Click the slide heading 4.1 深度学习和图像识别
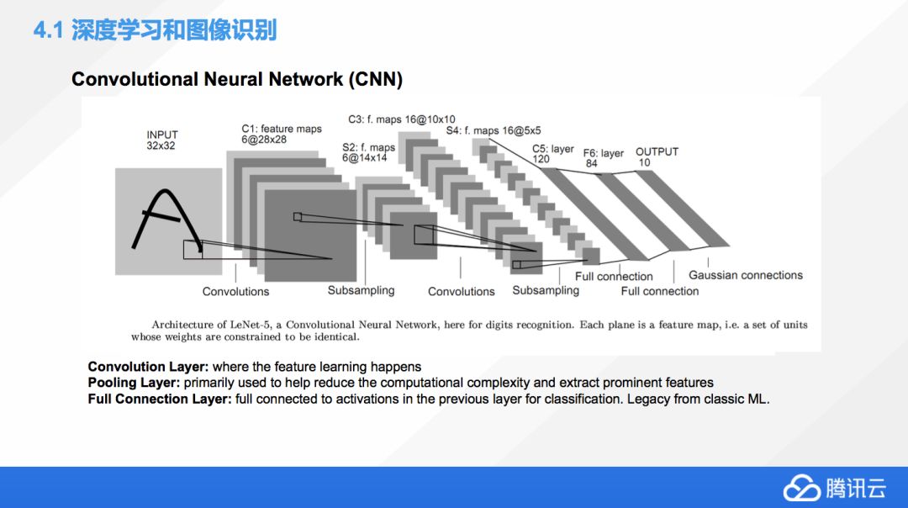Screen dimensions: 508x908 155,32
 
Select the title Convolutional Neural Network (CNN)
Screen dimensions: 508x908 237,80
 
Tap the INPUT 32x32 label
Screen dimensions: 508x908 162,140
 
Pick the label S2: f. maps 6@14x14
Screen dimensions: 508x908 367,152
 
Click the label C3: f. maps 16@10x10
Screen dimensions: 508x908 402,119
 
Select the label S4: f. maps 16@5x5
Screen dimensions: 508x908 494,130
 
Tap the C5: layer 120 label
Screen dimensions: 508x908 552,154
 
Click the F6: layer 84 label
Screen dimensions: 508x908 604,158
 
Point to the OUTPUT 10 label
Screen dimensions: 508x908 657,156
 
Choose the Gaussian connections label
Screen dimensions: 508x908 746,275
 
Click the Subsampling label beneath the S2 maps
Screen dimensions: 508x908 361,290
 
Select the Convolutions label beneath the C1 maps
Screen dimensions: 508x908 235,292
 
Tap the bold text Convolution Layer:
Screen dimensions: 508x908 148,368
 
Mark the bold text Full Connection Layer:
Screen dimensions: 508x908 160,399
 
